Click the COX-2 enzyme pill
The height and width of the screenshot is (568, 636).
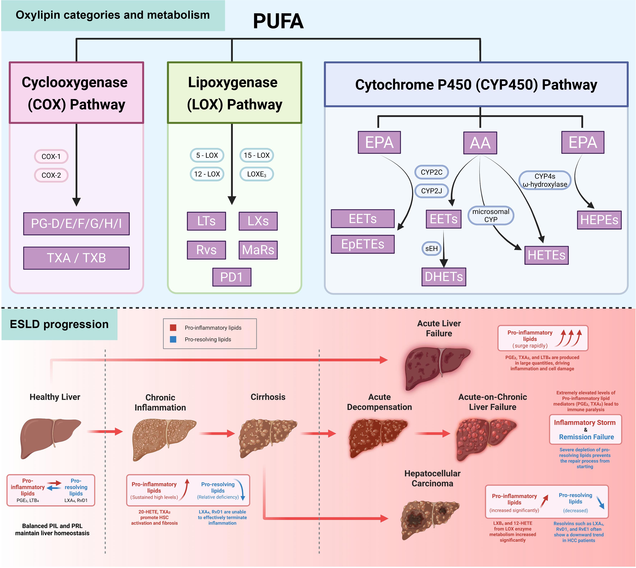[51, 175]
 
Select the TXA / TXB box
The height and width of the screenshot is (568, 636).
[76, 258]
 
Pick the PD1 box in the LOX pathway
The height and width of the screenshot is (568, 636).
[232, 277]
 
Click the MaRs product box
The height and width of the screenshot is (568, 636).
[258, 250]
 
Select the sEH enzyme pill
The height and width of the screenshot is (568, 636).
[431, 248]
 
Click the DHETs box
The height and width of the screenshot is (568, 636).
[444, 276]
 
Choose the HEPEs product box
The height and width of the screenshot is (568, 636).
[599, 220]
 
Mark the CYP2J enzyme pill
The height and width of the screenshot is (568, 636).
[431, 191]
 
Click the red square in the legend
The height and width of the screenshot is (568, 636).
[173, 327]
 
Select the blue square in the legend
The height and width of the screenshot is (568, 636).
[173, 339]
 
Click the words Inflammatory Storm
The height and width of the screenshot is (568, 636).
[584, 422]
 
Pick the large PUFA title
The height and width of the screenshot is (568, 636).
[278, 21]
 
